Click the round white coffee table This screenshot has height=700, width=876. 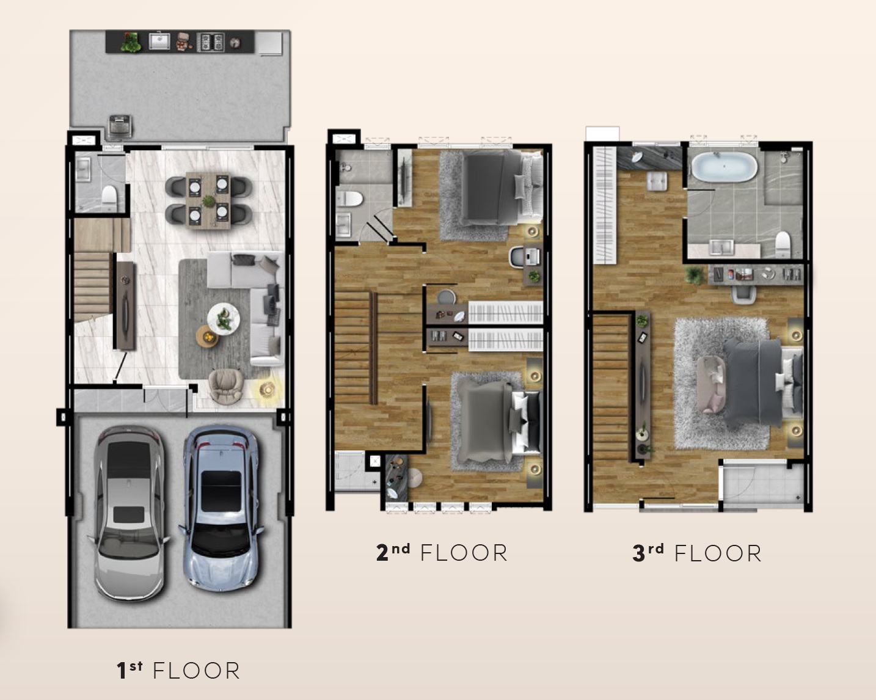pyautogui.click(x=223, y=319)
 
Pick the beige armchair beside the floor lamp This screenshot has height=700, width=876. pyautogui.click(x=226, y=385)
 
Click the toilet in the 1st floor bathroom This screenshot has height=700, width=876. pyautogui.click(x=109, y=197)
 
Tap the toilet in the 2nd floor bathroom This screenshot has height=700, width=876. pyautogui.click(x=349, y=199)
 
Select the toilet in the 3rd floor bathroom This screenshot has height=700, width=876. pyautogui.click(x=783, y=243)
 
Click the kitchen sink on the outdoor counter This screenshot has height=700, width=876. pyautogui.click(x=159, y=42)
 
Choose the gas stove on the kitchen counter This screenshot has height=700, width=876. pyautogui.click(x=211, y=42)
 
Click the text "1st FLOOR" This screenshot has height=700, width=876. pyautogui.click(x=178, y=670)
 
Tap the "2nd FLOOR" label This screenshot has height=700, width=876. pyautogui.click(x=442, y=552)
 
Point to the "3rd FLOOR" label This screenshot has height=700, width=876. pyautogui.click(x=696, y=553)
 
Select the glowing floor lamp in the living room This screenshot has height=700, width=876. pyautogui.click(x=268, y=390)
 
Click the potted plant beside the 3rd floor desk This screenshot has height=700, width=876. pyautogui.click(x=693, y=275)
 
